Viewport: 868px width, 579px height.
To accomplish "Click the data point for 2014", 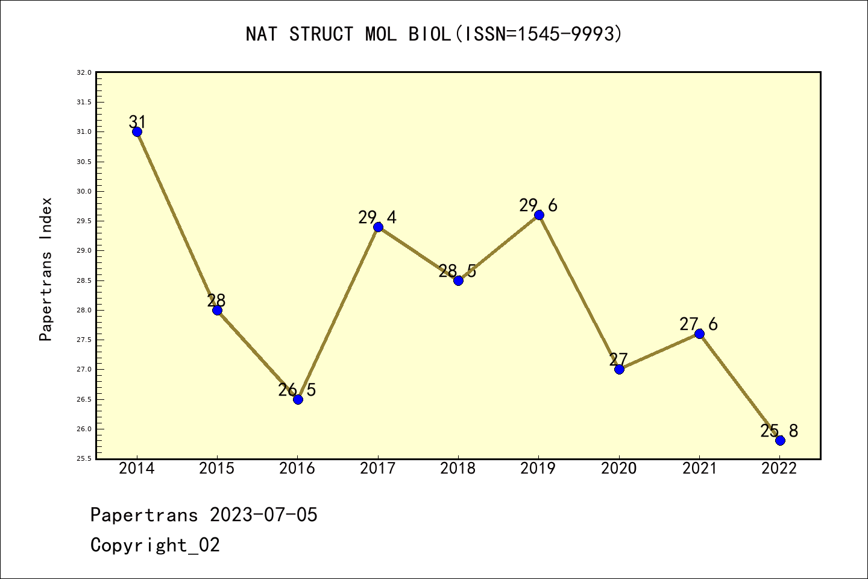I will click(x=137, y=131).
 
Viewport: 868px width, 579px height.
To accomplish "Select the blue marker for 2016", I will click(x=298, y=399).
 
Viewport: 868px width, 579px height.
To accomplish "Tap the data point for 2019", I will click(x=539, y=215).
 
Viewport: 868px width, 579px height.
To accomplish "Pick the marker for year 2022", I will click(x=780, y=440).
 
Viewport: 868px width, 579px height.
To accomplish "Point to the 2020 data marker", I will click(x=619, y=369).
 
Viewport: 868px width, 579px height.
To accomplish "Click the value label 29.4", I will click(x=377, y=217).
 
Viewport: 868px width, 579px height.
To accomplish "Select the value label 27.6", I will click(x=699, y=324).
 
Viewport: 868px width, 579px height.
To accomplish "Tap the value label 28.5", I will click(x=458, y=271).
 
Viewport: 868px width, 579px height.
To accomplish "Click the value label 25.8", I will click(x=779, y=431).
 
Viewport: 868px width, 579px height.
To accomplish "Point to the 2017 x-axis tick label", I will click(x=378, y=469).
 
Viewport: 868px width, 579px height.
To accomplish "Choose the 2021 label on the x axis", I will click(x=699, y=469).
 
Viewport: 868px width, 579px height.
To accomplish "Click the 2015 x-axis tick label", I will click(x=217, y=469).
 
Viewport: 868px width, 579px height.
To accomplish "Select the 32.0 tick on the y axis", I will click(x=84, y=72).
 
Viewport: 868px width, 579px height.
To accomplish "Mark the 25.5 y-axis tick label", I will click(x=84, y=458).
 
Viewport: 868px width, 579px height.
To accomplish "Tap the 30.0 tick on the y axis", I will click(x=84, y=191).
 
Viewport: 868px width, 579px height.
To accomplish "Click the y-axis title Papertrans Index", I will click(x=46, y=269).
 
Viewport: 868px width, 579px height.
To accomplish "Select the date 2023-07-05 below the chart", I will click(x=263, y=515).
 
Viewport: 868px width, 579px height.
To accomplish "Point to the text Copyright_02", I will click(x=155, y=545).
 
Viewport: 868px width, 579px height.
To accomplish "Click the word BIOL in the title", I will click(x=430, y=34).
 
